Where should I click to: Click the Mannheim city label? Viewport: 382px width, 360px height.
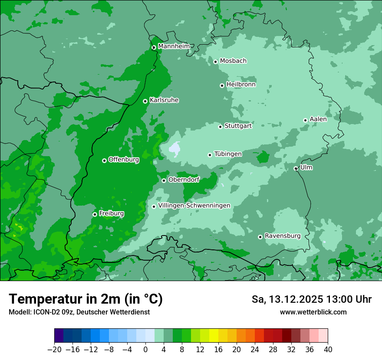point(174,46)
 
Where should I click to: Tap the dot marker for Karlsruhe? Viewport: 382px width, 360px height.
point(145,101)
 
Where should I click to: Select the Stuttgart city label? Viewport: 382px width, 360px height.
point(238,126)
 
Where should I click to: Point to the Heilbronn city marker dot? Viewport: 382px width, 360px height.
point(222,85)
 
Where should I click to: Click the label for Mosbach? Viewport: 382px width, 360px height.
point(233,61)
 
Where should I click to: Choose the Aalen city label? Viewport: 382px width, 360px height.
point(318,119)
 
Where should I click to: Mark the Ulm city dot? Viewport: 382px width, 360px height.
point(296,168)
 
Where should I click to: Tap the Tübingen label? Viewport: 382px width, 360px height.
point(228,154)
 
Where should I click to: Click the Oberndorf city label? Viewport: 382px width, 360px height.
point(184,180)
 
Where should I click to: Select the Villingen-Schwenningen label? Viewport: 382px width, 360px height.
point(194,206)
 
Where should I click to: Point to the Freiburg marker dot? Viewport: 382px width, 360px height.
point(95,214)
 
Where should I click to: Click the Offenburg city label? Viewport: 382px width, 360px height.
point(124,160)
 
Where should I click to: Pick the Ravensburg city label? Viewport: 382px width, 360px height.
point(283,236)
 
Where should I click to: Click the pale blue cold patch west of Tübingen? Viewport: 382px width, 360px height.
point(175,149)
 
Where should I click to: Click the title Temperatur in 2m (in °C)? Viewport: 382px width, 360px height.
point(86,299)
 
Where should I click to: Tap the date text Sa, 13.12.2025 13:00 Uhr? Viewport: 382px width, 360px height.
point(311,299)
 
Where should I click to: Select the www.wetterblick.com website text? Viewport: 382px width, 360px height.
point(313,312)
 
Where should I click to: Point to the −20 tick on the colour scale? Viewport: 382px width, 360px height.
point(54,350)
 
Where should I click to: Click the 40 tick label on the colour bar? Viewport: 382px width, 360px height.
point(328,350)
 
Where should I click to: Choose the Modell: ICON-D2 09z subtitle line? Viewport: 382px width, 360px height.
point(79,312)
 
